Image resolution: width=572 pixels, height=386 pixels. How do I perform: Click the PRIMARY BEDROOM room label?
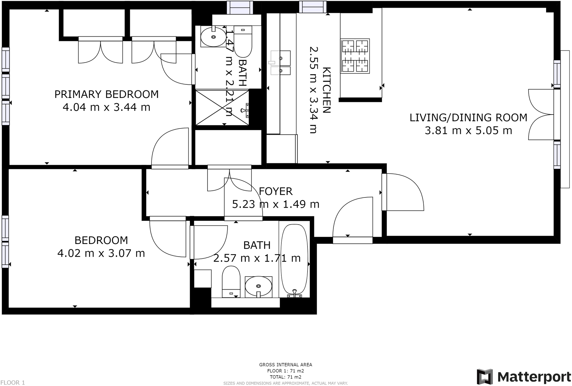pyautogui.click(x=107, y=94)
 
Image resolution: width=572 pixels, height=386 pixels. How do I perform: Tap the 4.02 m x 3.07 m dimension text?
pyautogui.click(x=101, y=253)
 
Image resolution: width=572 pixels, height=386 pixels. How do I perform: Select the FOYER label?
pyautogui.click(x=276, y=191)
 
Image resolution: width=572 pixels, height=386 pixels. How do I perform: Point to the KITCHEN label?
pyautogui.click(x=326, y=90)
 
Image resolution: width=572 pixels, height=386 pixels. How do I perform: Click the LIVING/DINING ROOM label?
pyautogui.click(x=468, y=118)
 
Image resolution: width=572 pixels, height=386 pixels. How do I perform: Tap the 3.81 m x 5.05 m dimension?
pyautogui.click(x=468, y=131)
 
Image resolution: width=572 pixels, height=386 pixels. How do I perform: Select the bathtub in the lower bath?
pyautogui.click(x=294, y=260)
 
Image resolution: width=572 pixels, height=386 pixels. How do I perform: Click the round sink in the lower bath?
pyautogui.click(x=259, y=286)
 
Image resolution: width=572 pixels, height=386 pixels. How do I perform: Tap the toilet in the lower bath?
pyautogui.click(x=231, y=281)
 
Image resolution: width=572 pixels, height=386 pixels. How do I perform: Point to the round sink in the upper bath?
pyautogui.click(x=213, y=37)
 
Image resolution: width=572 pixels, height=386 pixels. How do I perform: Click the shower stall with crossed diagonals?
pyautogui.click(x=222, y=107)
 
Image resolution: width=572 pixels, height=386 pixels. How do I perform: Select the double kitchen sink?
pyautogui.click(x=280, y=63)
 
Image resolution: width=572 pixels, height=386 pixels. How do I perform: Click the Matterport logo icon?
pyautogui.click(x=485, y=376)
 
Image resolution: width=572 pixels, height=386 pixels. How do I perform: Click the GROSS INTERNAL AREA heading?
pyautogui.click(x=286, y=365)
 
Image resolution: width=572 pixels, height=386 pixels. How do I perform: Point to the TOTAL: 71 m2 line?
pyautogui.click(x=286, y=377)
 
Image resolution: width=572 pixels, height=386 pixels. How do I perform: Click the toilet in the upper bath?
pyautogui.click(x=243, y=41)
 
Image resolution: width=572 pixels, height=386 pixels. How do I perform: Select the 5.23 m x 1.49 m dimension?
pyautogui.click(x=276, y=204)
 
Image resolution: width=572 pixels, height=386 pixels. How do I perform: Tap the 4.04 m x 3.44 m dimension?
pyautogui.click(x=107, y=107)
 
